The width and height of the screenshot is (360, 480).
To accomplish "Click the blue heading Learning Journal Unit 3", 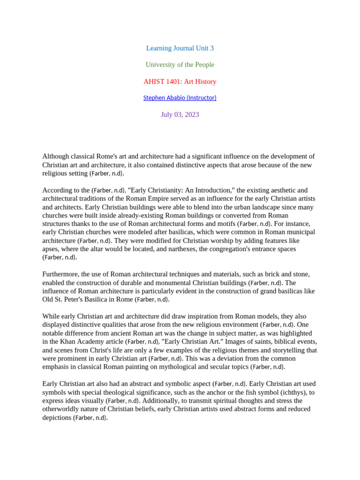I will [180, 48].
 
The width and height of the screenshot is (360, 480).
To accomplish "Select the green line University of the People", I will [180, 65].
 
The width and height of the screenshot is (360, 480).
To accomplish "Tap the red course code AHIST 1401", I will [162, 82].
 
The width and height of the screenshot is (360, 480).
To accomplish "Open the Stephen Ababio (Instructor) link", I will [180, 98].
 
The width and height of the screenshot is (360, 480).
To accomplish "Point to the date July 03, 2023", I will [180, 114].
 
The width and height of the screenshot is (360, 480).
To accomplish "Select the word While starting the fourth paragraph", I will [51, 316].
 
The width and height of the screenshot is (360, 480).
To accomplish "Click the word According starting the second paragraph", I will [58, 190].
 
